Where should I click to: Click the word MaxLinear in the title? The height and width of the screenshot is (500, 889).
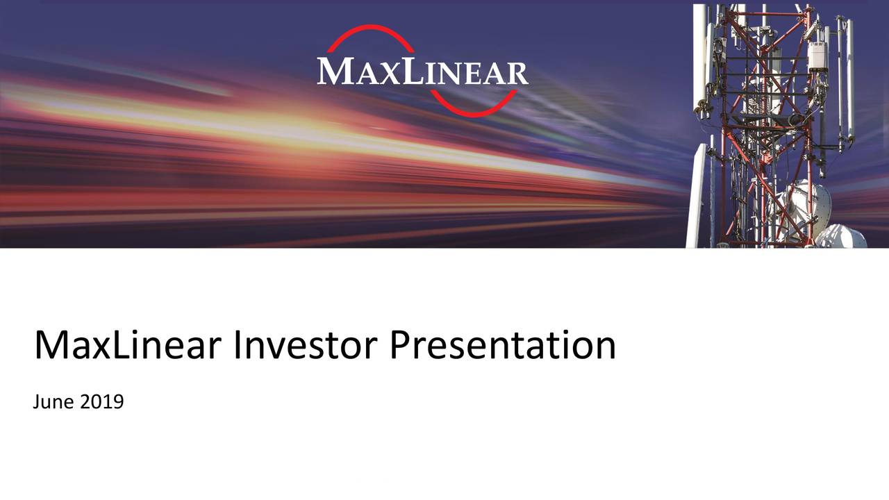pyautogui.click(x=128, y=346)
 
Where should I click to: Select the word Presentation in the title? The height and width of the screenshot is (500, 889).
pyautogui.click(x=502, y=346)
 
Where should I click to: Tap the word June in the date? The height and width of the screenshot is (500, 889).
pyautogui.click(x=53, y=402)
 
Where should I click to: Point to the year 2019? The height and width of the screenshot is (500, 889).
pyautogui.click(x=101, y=401)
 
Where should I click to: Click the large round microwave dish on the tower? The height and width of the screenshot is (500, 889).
pyautogui.click(x=799, y=208)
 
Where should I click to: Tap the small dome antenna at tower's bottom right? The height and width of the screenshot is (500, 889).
pyautogui.click(x=841, y=237)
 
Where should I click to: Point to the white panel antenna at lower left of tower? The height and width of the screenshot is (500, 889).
pyautogui.click(x=697, y=194)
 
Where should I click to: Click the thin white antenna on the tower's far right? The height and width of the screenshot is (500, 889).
pyautogui.click(x=849, y=76)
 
